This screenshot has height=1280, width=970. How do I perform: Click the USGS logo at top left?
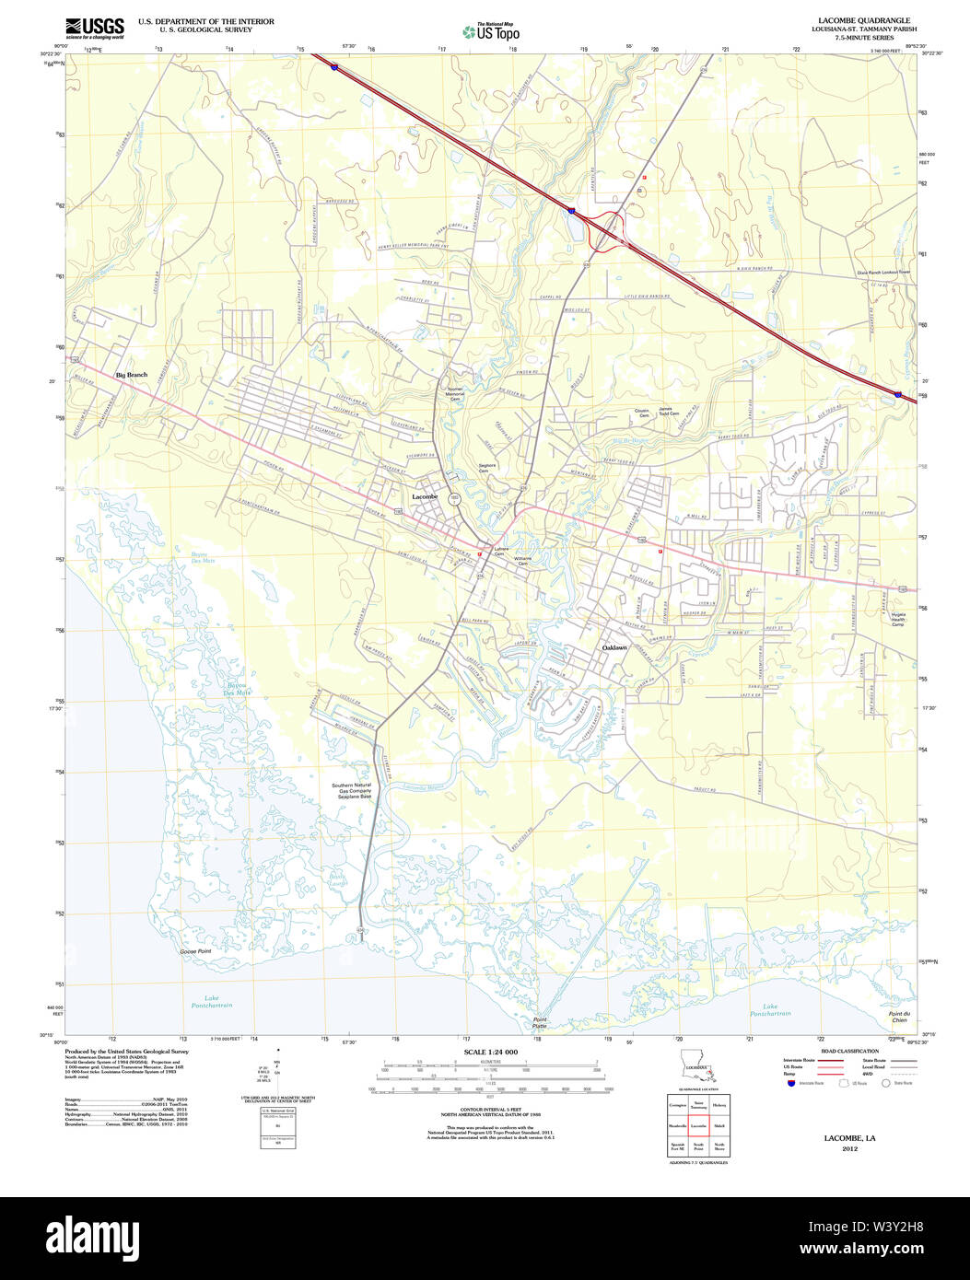point(94,28)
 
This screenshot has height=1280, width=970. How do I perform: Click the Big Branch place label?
point(131,375)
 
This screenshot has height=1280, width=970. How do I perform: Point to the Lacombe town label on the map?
point(425,496)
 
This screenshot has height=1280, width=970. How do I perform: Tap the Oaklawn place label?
point(614,648)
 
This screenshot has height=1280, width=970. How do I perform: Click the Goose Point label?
point(195,951)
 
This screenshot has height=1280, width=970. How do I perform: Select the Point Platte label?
point(540,1022)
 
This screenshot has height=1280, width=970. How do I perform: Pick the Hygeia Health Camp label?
point(898,619)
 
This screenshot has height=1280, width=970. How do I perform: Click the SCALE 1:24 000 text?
point(491,1052)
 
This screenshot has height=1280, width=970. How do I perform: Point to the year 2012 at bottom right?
point(849,1148)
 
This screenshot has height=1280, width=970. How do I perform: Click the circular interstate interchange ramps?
point(605,230)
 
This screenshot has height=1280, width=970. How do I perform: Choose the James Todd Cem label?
point(668,411)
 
